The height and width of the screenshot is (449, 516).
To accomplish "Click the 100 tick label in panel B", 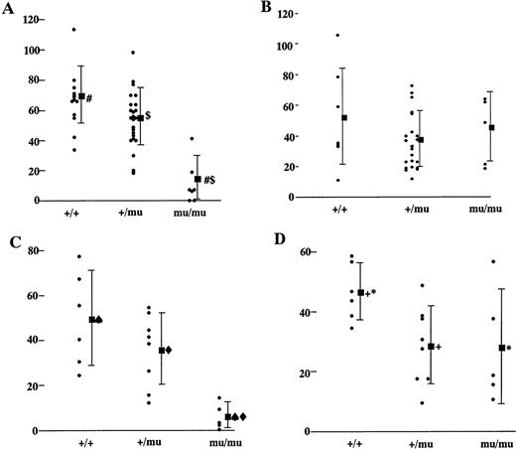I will (x=286, y=46).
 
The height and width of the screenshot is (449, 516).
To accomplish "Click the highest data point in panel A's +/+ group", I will (x=72, y=29).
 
